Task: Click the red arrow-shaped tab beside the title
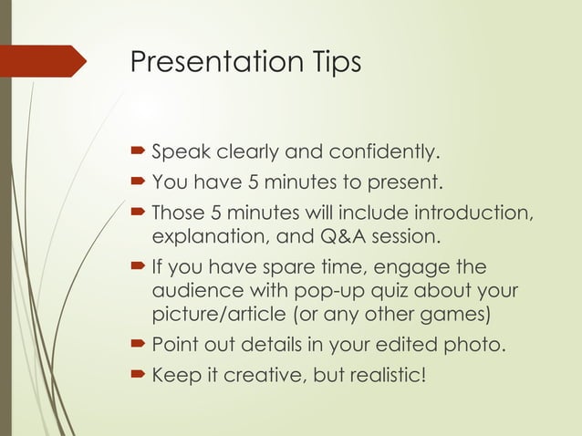46,61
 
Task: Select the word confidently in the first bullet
384,151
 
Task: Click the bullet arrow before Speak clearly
138,151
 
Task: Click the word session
405,239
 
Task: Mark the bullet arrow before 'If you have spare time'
138,269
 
